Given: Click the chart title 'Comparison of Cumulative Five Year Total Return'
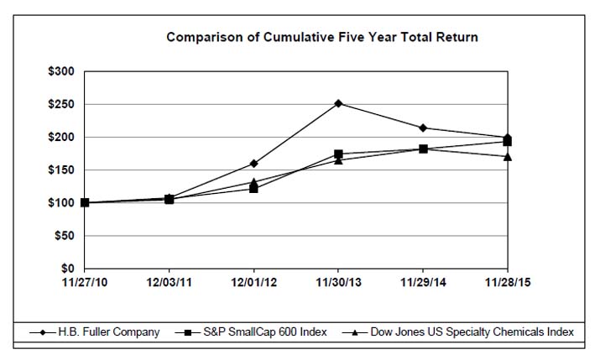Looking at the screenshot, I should pos(322,37).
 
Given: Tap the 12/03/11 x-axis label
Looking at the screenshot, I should pos(170,284).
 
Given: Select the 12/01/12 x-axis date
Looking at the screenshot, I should pos(253,284).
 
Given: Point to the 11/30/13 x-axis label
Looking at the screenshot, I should pos(338,284).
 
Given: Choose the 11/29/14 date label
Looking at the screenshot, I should pos(423,284).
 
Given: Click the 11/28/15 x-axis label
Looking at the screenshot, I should pos(507,284).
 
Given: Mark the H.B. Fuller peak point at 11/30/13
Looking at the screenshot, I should pos(338,103).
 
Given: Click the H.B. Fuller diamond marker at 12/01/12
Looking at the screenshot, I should pos(253,163).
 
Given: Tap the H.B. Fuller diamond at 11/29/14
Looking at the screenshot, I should pos(423,128).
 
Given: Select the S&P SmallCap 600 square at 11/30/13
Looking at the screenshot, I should pos(338,154).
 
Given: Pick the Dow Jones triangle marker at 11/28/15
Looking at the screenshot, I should pos(507,156).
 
